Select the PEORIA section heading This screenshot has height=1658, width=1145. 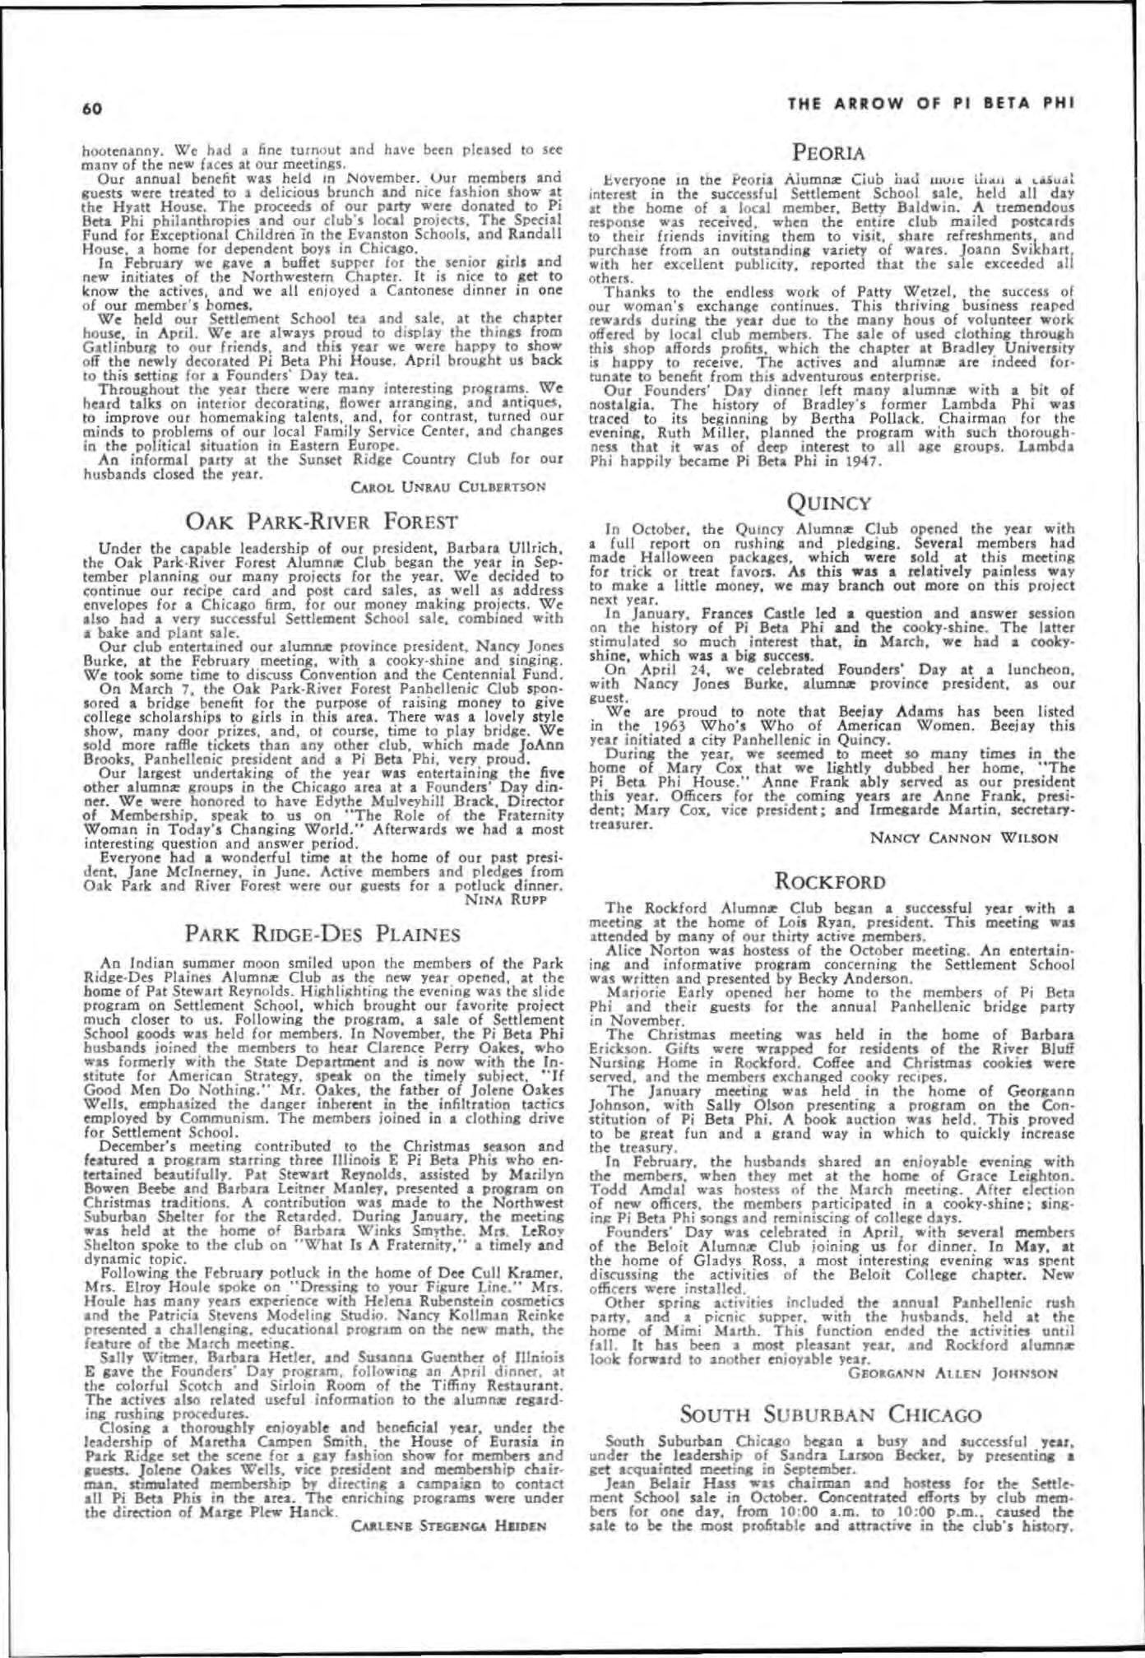[828, 152]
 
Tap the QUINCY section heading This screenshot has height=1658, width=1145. [828, 500]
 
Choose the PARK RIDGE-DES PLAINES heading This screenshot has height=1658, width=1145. [322, 933]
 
